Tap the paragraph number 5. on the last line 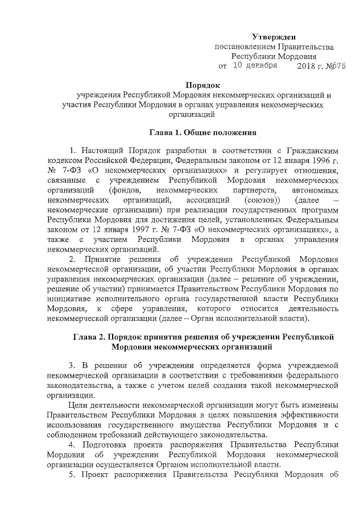72,475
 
